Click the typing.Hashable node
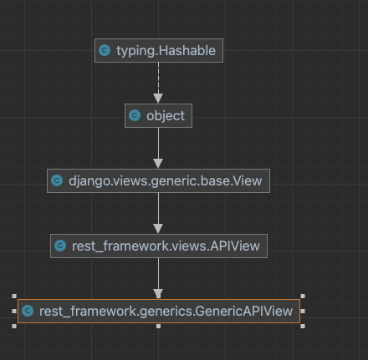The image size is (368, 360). click(x=158, y=51)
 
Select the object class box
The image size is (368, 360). click(x=158, y=116)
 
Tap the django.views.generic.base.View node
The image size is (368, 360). click(x=158, y=180)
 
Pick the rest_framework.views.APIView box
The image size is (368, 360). click(x=158, y=246)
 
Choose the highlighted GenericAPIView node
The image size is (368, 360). click(x=158, y=311)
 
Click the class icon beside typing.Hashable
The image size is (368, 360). click(x=105, y=51)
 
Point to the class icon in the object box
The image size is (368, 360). click(x=135, y=116)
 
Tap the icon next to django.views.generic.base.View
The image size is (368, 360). click(x=57, y=180)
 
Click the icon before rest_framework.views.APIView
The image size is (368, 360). click(x=60, y=246)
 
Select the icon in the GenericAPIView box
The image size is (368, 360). click(x=28, y=311)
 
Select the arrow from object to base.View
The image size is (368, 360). click(x=158, y=149)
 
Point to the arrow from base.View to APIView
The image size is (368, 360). click(x=158, y=213)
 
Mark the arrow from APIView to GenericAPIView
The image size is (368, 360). click(x=158, y=278)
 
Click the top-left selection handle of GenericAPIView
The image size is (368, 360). click(x=14, y=296)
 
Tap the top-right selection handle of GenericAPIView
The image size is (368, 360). click(x=302, y=296)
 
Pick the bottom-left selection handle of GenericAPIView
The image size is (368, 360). click(x=14, y=326)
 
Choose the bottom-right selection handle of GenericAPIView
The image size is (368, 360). click(x=302, y=326)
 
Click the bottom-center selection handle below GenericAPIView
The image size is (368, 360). click(x=158, y=326)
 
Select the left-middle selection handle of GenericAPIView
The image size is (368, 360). click(x=14, y=311)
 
